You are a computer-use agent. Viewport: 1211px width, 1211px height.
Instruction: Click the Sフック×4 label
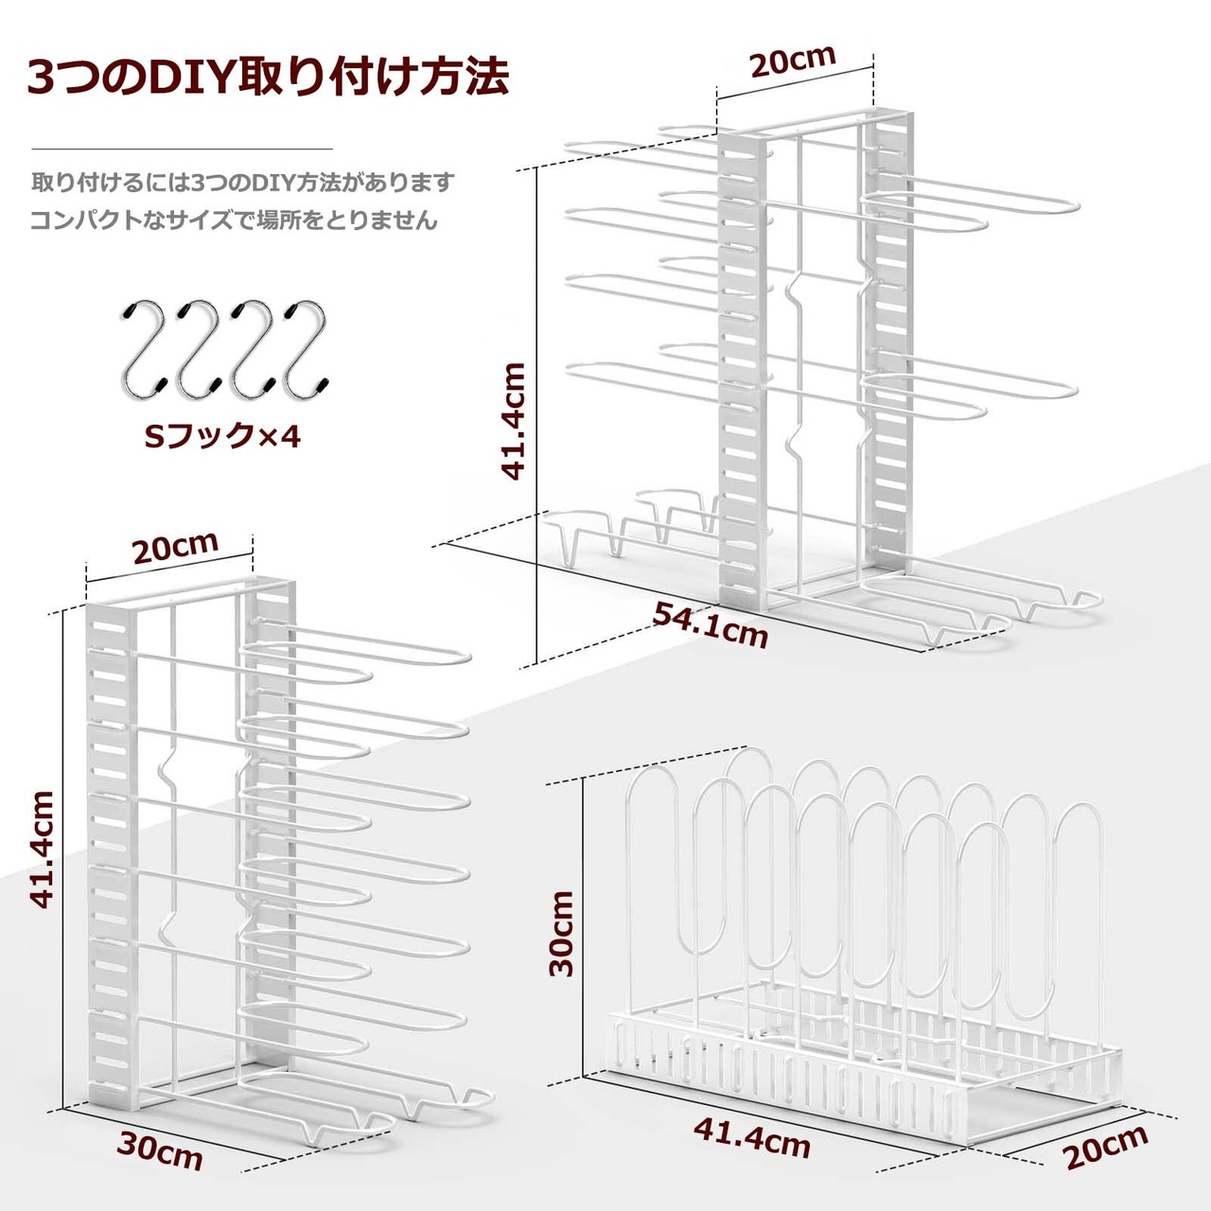pyautogui.click(x=222, y=436)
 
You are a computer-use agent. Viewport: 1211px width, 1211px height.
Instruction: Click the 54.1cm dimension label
pyautogui.click(x=711, y=625)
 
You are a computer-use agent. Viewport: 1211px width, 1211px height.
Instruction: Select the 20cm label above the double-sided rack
pyautogui.click(x=793, y=61)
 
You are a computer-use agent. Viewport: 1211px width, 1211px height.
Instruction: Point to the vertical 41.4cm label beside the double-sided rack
pyautogui.click(x=514, y=421)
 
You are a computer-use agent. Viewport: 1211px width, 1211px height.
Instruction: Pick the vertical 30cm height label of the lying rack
pyautogui.click(x=562, y=933)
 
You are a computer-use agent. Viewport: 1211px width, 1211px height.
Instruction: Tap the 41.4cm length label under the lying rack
pyautogui.click(x=752, y=1138)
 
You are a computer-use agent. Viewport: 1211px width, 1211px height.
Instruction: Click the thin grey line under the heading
pyautogui.click(x=183, y=149)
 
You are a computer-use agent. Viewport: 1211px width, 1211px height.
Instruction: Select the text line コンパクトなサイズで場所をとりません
pyautogui.click(x=235, y=220)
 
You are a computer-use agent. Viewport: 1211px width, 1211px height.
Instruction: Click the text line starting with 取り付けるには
pyautogui.click(x=243, y=182)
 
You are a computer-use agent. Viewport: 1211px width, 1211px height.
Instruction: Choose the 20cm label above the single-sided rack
pyautogui.click(x=176, y=547)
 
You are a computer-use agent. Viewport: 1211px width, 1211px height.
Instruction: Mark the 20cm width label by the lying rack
pyautogui.click(x=1105, y=1147)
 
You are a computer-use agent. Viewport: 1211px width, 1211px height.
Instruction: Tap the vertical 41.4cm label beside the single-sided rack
pyautogui.click(x=42, y=851)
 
